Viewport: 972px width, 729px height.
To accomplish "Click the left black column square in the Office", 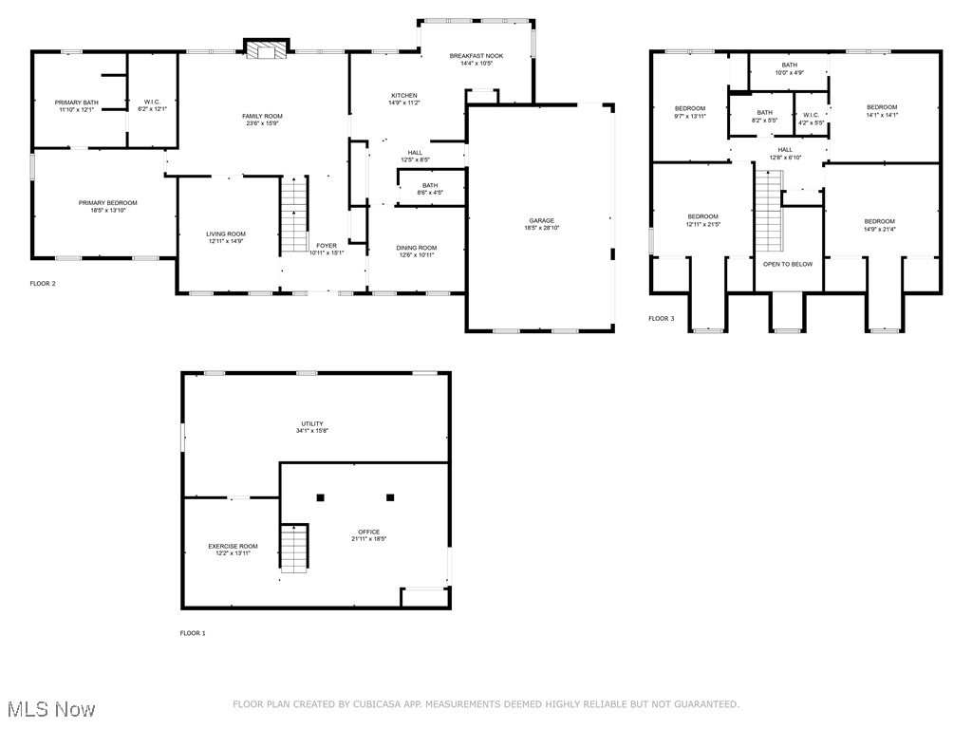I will click(321, 496).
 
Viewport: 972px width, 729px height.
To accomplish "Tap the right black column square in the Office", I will click(390, 496).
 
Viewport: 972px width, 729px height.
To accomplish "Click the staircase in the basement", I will click(293, 549).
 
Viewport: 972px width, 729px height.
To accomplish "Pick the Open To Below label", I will click(788, 264).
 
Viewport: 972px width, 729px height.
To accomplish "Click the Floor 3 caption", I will click(662, 318).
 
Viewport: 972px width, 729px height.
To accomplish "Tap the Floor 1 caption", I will click(193, 633).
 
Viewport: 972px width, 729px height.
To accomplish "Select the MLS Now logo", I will click(49, 709).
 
